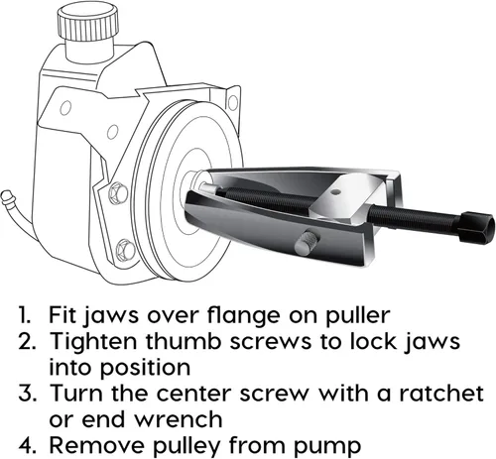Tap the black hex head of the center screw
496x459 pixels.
tap(477, 227)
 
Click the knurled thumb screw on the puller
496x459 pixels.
tap(307, 243)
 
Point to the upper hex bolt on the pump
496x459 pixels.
tap(118, 193)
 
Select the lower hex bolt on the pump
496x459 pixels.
tap(126, 250)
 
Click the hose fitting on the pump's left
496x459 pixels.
tap(8, 197)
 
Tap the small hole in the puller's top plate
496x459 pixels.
tap(336, 191)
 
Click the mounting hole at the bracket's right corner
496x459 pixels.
tap(233, 102)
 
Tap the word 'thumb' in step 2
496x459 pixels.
tap(184, 341)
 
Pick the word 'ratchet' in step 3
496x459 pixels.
tap(441, 394)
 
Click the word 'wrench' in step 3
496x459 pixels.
tap(179, 419)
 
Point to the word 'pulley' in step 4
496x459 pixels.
tap(186, 446)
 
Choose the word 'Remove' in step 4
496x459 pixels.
tap(96, 446)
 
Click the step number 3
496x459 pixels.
tap(27, 394)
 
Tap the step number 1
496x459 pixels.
tap(25, 315)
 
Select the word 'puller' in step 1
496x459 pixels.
tap(357, 315)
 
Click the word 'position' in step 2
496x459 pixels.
tap(145, 368)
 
